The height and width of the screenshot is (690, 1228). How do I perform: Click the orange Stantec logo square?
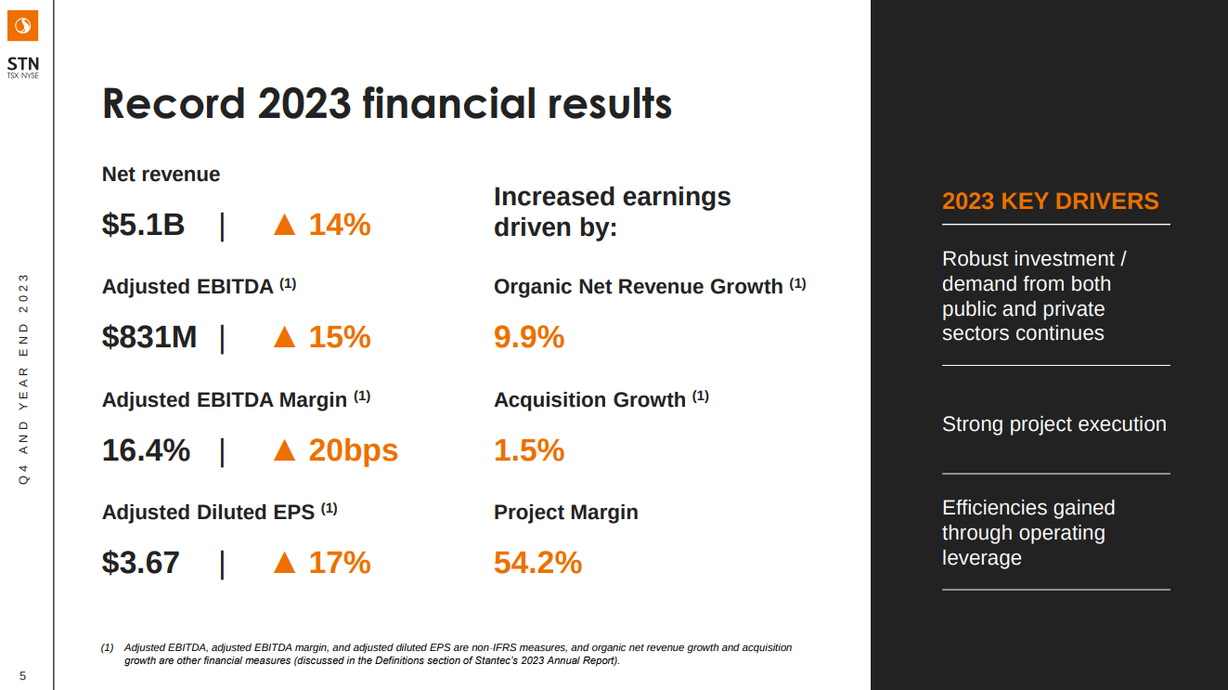coord(23,25)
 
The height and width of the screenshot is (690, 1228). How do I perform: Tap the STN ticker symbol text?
coord(23,63)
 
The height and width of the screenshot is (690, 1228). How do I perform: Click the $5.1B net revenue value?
coord(143,225)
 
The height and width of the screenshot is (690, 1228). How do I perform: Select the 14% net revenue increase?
coord(340,225)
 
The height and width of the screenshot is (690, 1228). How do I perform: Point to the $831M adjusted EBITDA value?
coord(149,337)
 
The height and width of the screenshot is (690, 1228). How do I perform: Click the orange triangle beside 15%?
coord(285,338)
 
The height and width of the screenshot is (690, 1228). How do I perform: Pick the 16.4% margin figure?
coord(146,450)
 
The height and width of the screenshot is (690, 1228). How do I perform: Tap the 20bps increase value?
coord(353,450)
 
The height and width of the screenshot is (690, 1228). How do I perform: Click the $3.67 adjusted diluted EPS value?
coord(141,563)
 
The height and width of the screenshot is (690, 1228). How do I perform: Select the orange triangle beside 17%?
coord(285,564)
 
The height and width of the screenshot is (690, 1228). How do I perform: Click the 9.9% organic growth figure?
coord(529,337)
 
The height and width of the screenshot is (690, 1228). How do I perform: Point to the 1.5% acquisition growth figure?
coord(529,450)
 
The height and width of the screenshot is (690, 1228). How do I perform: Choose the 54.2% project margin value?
coord(537,563)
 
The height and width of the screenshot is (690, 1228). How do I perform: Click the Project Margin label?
coord(565,512)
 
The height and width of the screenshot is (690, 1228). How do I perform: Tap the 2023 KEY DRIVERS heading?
coord(1050,201)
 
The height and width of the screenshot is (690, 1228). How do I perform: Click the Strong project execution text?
coord(1053,423)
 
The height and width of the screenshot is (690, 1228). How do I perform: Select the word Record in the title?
coord(174,103)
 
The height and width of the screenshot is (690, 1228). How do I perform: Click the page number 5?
coord(23,675)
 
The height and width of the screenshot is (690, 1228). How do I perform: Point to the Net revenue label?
coord(161,175)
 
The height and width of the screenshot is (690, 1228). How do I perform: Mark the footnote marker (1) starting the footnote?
coord(107,647)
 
